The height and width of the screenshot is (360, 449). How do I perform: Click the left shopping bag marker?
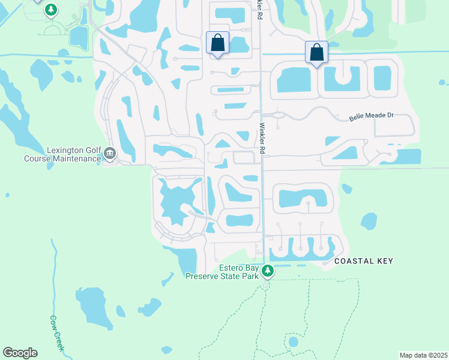(217, 43)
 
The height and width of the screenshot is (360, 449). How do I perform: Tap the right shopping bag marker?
(316, 53)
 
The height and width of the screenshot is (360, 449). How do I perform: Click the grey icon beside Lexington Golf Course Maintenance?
(110, 154)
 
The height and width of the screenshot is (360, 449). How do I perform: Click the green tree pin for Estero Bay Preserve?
(268, 272)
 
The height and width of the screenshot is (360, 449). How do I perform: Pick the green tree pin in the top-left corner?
(52, 10)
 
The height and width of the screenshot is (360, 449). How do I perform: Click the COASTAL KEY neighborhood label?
(363, 261)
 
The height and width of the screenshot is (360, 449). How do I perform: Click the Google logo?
(20, 353)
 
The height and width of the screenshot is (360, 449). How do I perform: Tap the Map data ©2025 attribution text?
(423, 355)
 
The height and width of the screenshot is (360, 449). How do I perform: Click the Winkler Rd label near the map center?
(262, 139)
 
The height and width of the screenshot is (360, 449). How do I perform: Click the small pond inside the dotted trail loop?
(293, 342)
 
